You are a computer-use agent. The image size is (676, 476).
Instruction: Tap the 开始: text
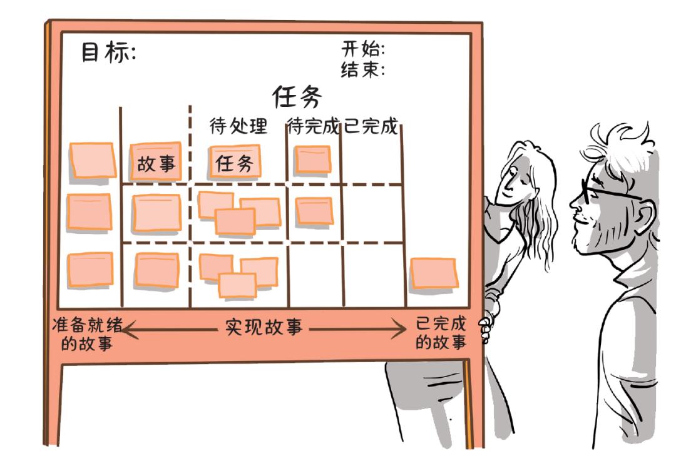362,49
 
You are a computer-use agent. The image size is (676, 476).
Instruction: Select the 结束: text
362,69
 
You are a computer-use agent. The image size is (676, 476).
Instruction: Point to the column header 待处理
238,127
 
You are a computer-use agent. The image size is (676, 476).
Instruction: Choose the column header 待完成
313,127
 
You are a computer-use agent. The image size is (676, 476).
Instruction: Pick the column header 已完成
371,127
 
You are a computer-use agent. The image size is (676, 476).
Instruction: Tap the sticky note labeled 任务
235,163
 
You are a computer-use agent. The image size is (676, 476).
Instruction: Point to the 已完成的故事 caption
441,333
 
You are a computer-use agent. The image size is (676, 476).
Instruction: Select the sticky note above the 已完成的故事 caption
433,274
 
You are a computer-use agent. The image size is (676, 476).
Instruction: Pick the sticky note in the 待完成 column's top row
312,159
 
